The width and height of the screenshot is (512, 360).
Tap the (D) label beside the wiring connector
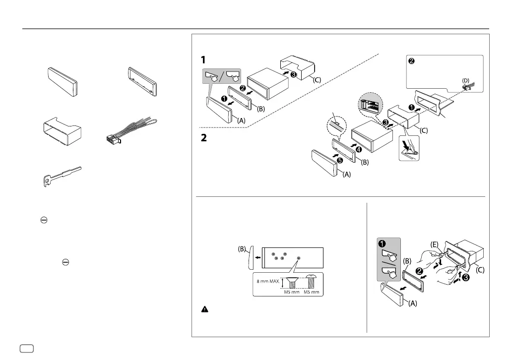click(x=465, y=80)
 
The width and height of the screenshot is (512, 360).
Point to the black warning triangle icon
click(x=204, y=309)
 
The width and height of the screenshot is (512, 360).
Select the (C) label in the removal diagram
click(x=480, y=271)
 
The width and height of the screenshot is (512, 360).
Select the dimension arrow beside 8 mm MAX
click(x=283, y=283)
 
